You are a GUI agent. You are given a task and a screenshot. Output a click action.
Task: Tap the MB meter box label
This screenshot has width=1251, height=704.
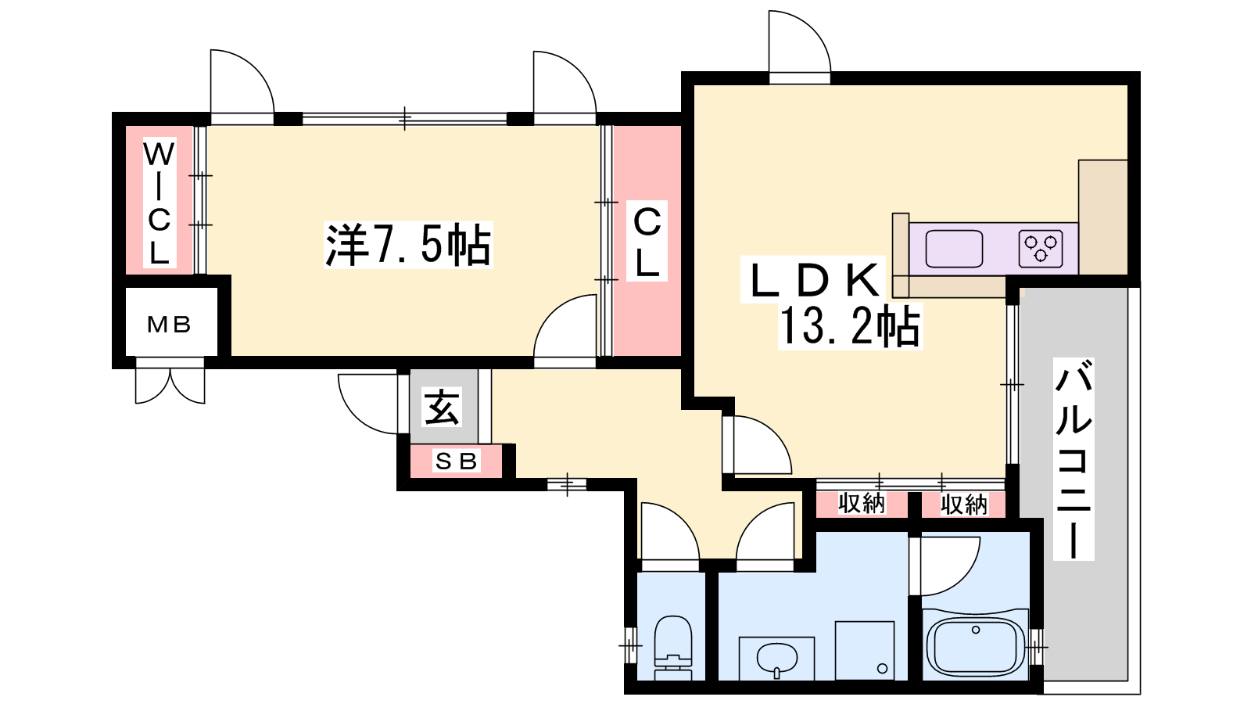pyautogui.click(x=169, y=324)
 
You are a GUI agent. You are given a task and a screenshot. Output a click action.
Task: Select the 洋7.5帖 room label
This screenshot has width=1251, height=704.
pyautogui.click(x=408, y=245)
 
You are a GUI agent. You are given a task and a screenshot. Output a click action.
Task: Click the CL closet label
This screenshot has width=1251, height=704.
pyautogui.click(x=647, y=242)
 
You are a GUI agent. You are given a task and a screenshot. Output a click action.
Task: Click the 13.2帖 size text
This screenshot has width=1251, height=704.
pyautogui.click(x=849, y=327)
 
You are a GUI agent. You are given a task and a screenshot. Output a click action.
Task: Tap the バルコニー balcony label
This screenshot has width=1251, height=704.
pyautogui.click(x=1074, y=459)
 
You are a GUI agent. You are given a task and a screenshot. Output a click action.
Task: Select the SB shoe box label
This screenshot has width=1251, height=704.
pyautogui.click(x=457, y=461)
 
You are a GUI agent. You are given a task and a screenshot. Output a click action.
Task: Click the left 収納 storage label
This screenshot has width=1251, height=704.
pyautogui.click(x=862, y=504)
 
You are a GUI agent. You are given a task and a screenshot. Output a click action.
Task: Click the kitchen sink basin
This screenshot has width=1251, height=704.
pyautogui.click(x=954, y=249)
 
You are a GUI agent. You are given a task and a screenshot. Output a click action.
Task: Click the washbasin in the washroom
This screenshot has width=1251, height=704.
pyautogui.click(x=777, y=659)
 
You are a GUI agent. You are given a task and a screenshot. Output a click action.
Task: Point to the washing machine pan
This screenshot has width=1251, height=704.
pyautogui.click(x=865, y=651)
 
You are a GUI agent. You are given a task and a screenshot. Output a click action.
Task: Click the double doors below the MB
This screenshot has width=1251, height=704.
pyautogui.click(x=170, y=386)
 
